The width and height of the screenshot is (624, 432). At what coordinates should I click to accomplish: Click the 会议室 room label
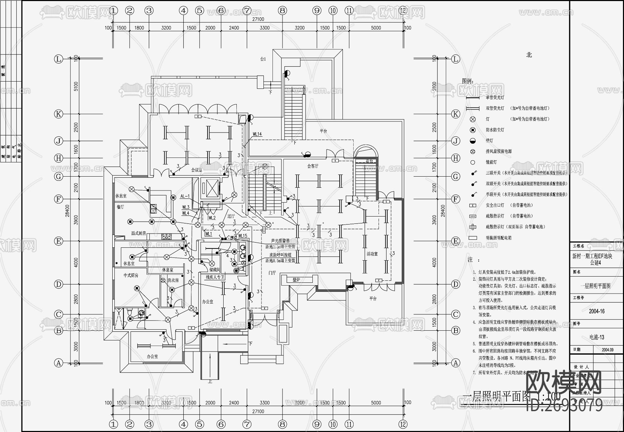[x=196, y=170]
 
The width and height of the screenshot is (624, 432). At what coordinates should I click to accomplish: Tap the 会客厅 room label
[x=312, y=166]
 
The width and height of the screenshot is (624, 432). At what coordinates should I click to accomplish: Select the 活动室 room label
[x=372, y=254]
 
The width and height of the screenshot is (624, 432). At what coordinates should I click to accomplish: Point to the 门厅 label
[x=272, y=273]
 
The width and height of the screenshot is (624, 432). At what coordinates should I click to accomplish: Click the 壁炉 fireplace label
[x=296, y=279]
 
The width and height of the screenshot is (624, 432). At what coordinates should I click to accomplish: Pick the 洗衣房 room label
[x=173, y=280]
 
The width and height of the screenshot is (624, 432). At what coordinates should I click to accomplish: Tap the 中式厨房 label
[x=131, y=276]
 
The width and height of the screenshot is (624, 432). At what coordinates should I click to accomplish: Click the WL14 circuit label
[x=257, y=134]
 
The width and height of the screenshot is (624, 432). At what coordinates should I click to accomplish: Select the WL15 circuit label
[x=242, y=236]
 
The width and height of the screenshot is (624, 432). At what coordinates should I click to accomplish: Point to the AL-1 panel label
[x=185, y=196]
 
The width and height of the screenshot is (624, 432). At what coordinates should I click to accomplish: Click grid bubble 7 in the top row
[x=247, y=10]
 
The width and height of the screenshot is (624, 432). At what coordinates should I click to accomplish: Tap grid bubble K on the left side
[x=58, y=114]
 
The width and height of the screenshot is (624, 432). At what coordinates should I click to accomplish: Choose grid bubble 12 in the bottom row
[x=402, y=424]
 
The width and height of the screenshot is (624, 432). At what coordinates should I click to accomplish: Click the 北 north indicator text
[x=529, y=55]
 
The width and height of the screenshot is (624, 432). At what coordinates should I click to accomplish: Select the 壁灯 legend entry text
[x=489, y=141]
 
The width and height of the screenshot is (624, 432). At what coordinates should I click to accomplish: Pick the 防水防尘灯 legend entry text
[x=495, y=130]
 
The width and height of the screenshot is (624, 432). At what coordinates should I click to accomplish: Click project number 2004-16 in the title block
[x=596, y=311]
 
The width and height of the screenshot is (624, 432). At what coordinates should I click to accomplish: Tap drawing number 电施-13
[x=597, y=337]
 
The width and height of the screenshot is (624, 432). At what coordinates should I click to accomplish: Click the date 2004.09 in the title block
[x=607, y=350]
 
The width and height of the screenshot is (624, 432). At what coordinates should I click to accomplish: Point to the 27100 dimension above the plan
[x=258, y=19]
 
